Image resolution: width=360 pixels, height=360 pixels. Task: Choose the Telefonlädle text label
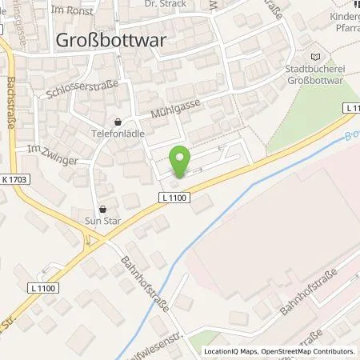[x=118, y=135]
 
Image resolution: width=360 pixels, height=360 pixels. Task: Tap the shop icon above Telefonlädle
[x=118, y=122]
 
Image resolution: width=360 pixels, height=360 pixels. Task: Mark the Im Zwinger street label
[x=53, y=154]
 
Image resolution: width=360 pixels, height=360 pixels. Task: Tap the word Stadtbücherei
[x=318, y=70]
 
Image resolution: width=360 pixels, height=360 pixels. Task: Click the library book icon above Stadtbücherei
[x=318, y=57]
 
